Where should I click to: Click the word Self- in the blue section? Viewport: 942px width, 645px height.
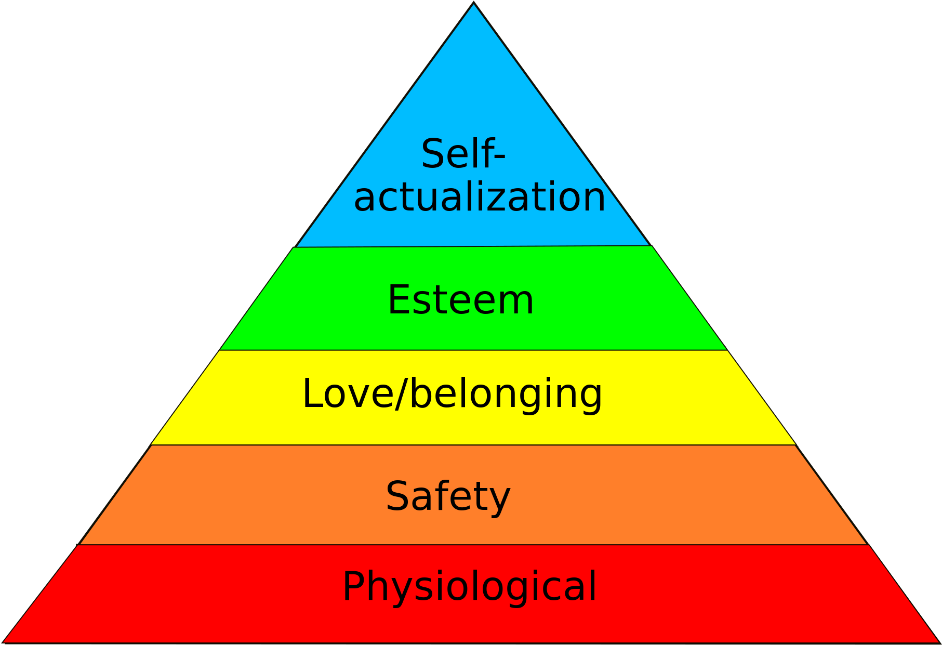coord(463,153)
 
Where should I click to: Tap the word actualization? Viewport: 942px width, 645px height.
coord(480,197)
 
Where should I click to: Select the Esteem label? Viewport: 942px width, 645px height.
coord(461,300)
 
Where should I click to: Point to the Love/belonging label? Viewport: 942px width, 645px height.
coord(452,394)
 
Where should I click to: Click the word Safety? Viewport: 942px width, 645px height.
coord(448,497)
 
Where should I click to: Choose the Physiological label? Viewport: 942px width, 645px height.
coord(470,587)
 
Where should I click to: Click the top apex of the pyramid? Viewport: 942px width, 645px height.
coord(474,2)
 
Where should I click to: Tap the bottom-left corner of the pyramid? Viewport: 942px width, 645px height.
coord(3,642)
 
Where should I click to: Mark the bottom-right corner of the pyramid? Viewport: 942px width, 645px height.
coord(939,642)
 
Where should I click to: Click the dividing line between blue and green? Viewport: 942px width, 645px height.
coord(473,246)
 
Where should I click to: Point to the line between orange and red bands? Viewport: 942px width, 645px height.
coord(473,545)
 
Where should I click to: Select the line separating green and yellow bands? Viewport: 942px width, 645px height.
coord(473,350)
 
